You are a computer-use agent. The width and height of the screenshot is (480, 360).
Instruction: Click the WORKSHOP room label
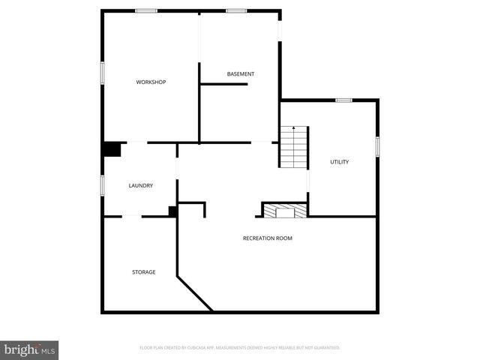pos(151,82)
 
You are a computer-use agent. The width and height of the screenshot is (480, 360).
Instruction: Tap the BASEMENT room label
pos(241,74)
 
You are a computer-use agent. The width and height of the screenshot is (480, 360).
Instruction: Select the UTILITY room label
pos(340,162)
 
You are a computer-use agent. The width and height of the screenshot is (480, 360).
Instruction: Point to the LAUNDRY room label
pos(141,186)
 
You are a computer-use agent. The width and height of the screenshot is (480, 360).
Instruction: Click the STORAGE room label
pos(144,272)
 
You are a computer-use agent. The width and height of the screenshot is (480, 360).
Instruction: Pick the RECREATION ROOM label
pos(268,238)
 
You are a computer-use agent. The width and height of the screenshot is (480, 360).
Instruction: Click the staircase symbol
pos(295,147)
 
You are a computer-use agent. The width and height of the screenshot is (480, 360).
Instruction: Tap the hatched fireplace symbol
pos(285,211)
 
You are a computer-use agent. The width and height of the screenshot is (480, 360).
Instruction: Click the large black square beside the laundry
pos(112,149)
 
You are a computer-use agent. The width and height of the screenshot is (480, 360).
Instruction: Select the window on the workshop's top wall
pos(146,10)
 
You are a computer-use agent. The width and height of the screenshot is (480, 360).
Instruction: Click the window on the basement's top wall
pos(236,10)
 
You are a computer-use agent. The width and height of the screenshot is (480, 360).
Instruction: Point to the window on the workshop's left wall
pos(103,73)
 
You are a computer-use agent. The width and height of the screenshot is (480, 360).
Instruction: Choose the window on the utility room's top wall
pos(343,100)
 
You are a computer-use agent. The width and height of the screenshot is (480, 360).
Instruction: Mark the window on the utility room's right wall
pos(378,146)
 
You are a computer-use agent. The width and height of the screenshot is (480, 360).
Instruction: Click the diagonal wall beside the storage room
pos(194,293)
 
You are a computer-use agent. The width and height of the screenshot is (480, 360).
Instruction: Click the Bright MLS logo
pos(29,349)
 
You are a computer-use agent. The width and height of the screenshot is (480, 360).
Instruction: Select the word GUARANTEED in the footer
pos(324,348)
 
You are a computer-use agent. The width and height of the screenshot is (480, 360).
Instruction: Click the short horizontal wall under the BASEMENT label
pos(223,84)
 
